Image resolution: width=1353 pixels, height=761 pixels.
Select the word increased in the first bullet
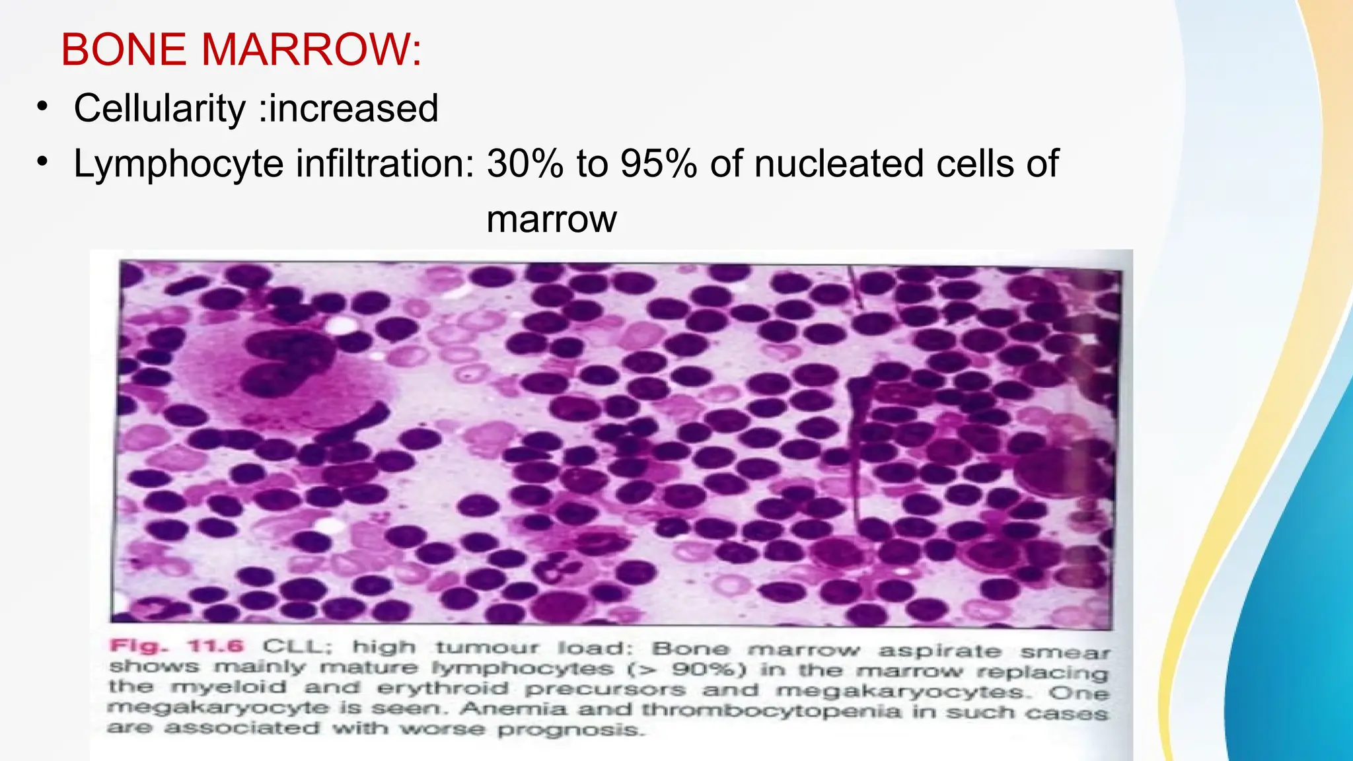tap(354, 108)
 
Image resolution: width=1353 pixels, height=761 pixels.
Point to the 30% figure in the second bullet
tap(525, 164)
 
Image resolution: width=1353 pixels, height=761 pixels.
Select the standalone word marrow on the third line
tap(552, 219)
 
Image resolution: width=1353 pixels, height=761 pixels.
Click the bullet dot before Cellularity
tap(43, 107)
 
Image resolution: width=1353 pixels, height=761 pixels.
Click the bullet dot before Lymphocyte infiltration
tap(43, 163)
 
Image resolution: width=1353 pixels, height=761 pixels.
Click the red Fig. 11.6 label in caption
tap(176, 646)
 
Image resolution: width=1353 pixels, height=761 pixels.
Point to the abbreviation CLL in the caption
tap(291, 647)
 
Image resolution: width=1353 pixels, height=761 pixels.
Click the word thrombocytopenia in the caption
tap(771, 711)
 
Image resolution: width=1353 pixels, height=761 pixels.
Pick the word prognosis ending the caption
tap(568, 730)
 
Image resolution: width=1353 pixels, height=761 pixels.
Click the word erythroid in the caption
tap(443, 688)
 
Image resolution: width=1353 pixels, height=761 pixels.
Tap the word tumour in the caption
tap(487, 647)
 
